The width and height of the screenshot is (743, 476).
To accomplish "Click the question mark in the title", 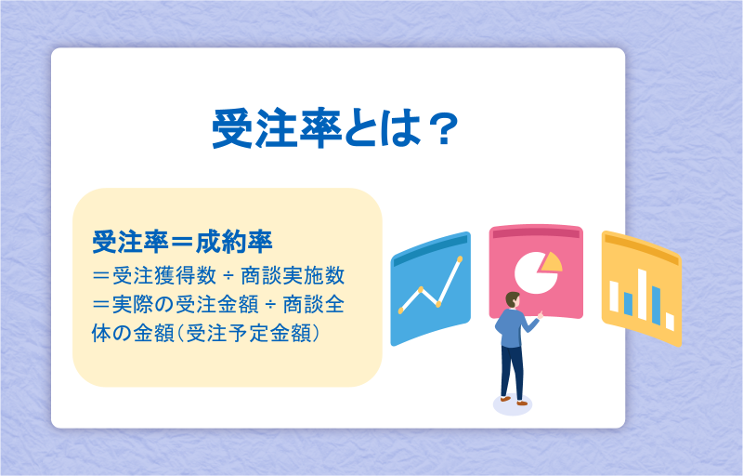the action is pos(443,128).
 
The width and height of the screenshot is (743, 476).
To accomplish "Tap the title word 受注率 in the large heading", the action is pos(277,128).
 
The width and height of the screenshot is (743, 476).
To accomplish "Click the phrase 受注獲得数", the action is pos(164,276).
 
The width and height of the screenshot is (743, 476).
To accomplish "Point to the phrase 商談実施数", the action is pos(293,276).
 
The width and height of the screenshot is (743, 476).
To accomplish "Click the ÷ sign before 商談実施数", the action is pos(228,276).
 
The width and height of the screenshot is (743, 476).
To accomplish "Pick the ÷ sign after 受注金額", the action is pos(270,304).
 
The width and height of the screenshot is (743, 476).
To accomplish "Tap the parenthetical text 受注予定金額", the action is pos(249,334).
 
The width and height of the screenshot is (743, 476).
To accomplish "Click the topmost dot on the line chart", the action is pos(459,258).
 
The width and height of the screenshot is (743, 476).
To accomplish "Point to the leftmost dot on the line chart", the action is pos(401,311).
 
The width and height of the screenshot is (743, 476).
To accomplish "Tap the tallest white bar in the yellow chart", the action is pos(643,295).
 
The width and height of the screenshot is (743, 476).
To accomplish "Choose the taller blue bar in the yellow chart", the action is pos(657,305).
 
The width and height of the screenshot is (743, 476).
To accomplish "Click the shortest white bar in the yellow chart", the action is pos(670,322).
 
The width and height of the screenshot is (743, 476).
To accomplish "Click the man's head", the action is pos(513,300).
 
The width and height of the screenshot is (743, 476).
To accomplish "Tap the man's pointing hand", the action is pos(541,314).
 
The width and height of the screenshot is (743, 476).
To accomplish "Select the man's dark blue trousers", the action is pos(513,372).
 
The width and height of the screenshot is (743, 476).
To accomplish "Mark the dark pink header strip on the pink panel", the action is pos(536,232).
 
